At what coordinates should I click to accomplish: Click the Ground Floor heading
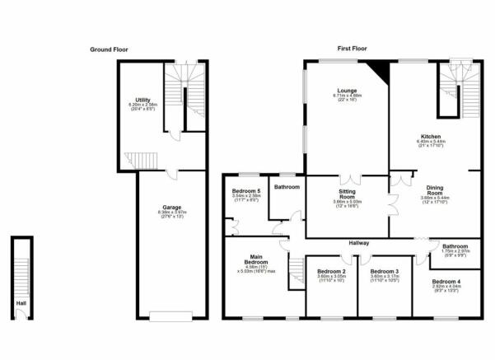(x=109, y=49)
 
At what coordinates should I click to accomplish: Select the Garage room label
(x=170, y=208)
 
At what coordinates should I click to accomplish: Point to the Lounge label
(x=345, y=91)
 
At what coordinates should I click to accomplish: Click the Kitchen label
(x=431, y=137)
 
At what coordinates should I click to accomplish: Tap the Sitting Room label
(x=347, y=192)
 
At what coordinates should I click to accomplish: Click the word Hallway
(x=358, y=243)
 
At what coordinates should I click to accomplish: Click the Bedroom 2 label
(x=331, y=271)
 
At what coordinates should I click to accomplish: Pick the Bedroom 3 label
(x=385, y=271)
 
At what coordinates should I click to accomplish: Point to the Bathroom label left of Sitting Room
(x=287, y=187)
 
